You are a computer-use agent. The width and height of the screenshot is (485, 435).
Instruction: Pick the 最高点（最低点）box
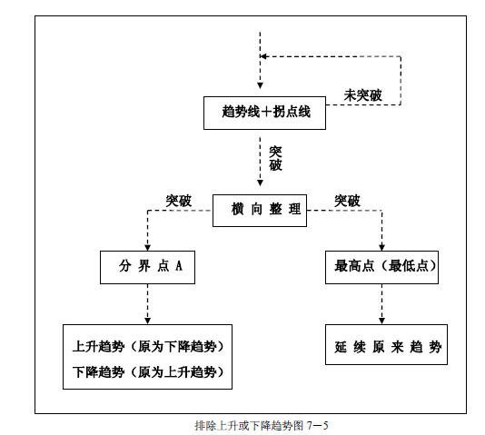pos(386,266)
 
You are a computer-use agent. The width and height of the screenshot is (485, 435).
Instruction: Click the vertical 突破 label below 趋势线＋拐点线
pos(275,158)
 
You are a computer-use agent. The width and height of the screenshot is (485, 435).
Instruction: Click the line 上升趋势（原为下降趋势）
pos(147,348)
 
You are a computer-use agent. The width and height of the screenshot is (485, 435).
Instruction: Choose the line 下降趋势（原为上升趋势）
pos(147,372)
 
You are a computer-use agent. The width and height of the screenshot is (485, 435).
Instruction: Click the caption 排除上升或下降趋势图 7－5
pos(261,424)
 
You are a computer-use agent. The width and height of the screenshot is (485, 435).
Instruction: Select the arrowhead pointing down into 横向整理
pos(261,188)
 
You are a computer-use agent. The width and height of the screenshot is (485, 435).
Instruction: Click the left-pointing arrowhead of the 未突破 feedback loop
pos(265,56)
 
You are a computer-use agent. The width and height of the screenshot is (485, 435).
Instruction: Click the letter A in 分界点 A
pos(179,266)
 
